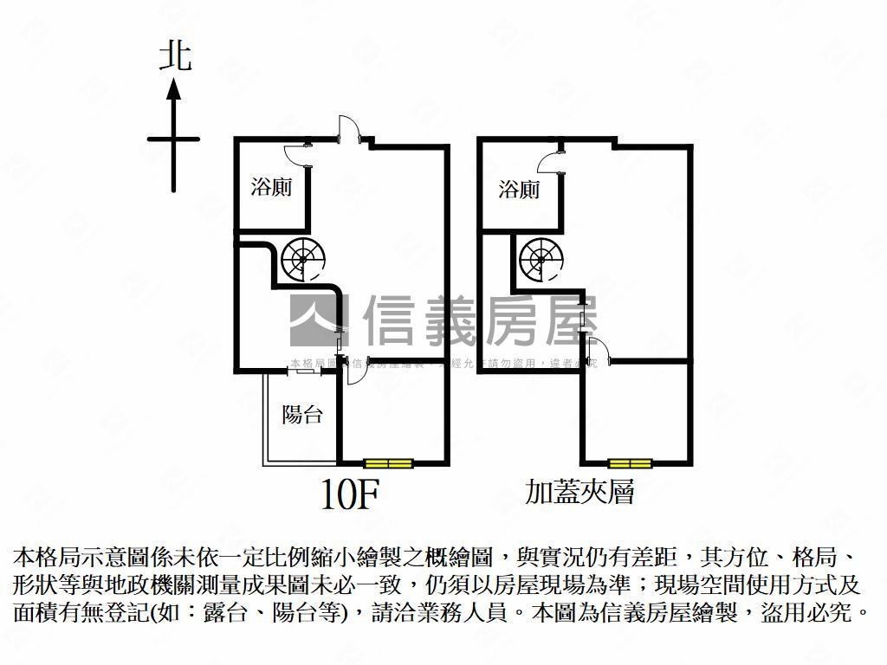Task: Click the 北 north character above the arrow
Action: tap(175, 57)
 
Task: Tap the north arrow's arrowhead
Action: tap(174, 88)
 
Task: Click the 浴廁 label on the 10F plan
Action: tap(271, 187)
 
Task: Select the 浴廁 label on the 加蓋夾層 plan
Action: tap(519, 190)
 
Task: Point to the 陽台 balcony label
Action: tap(302, 415)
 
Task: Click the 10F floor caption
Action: tap(350, 494)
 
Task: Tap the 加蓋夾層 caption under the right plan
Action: tap(580, 492)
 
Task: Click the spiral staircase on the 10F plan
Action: tap(303, 259)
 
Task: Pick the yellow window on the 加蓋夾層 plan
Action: tap(629, 463)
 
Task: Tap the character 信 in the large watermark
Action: tap(394, 320)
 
